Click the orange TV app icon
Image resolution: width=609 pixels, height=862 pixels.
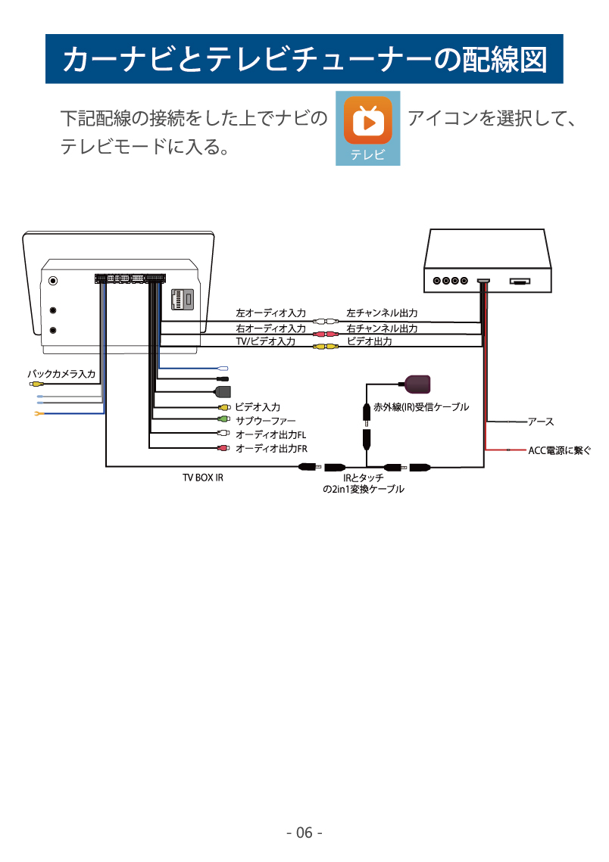(367, 120)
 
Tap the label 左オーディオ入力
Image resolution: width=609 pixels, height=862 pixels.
(270, 313)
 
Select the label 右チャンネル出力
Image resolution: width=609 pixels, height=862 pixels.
(382, 328)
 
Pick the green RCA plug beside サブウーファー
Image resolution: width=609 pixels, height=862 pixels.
(223, 420)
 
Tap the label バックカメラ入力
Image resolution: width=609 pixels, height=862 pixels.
(61, 374)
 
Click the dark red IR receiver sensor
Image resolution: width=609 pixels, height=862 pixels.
(417, 383)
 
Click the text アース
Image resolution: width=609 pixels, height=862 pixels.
(541, 422)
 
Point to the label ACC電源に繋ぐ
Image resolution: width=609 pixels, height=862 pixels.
(559, 450)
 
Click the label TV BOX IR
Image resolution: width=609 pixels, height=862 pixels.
(203, 478)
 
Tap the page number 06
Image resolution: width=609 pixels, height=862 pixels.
(304, 832)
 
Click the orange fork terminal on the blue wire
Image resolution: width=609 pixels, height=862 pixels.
(34, 413)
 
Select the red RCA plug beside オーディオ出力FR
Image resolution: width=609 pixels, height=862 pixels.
(223, 449)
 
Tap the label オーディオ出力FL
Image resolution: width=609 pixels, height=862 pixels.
(270, 434)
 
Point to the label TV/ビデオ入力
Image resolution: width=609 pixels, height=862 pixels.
(265, 341)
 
